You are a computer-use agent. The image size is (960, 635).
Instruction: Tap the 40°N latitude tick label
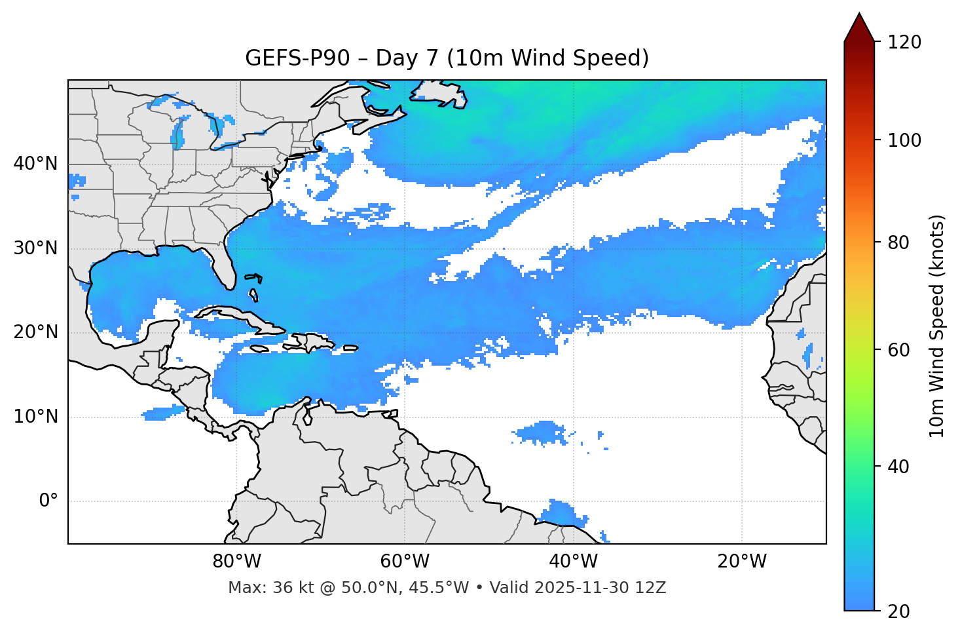click(x=35, y=164)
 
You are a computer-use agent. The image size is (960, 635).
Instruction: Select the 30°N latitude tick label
click(x=35, y=248)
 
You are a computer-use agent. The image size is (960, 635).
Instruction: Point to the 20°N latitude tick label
click(x=35, y=332)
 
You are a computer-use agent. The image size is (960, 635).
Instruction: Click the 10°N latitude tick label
click(x=35, y=417)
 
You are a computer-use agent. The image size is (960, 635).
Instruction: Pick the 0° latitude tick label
click(x=48, y=501)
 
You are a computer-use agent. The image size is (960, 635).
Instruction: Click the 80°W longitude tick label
click(x=236, y=562)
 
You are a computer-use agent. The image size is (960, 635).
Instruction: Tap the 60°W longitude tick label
click(x=405, y=562)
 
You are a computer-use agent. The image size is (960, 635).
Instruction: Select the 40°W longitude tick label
click(x=573, y=562)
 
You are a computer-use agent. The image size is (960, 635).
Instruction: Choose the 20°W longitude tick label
click(x=741, y=562)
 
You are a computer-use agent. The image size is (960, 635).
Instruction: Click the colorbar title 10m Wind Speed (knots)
click(x=937, y=326)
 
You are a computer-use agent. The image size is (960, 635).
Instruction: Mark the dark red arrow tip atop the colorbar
click(x=859, y=20)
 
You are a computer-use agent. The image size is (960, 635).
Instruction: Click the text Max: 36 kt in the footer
click(x=258, y=588)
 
